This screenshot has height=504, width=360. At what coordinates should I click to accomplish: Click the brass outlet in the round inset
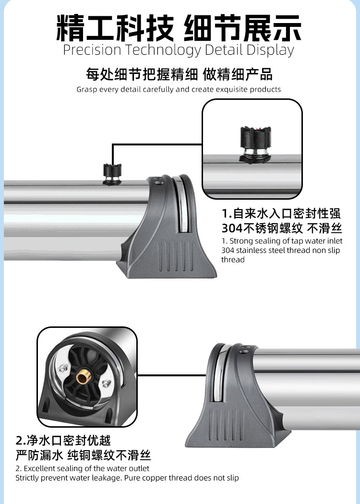(x=83, y=377)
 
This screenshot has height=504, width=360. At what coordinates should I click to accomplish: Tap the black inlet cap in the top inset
(x=254, y=136)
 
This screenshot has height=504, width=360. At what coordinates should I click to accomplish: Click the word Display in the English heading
(x=270, y=50)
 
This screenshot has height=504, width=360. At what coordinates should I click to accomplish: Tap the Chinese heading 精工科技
(x=116, y=28)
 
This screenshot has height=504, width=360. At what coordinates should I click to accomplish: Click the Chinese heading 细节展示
(x=243, y=28)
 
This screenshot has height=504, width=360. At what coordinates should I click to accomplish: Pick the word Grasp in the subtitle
(x=86, y=89)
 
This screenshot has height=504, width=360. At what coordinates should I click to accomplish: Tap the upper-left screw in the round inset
(x=62, y=368)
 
